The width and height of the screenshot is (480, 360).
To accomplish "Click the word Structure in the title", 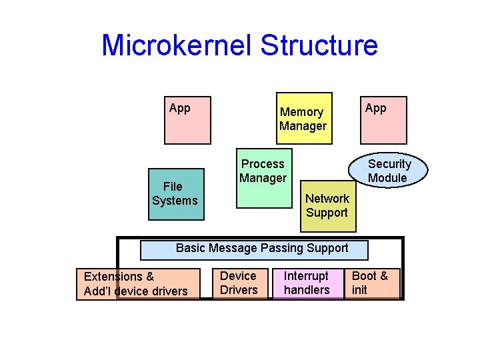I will (x=319, y=45).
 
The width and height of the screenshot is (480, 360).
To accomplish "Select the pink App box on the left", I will (x=187, y=120).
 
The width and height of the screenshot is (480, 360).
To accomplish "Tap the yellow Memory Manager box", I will (x=303, y=119).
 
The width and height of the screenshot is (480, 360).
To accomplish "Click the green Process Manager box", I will (x=263, y=183).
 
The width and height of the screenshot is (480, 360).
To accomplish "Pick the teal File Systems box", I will (x=175, y=194).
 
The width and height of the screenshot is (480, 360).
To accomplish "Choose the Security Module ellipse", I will (x=389, y=171).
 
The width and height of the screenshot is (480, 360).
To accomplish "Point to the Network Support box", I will (x=327, y=206).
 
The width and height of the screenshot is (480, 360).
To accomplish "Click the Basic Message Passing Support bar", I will (x=254, y=249).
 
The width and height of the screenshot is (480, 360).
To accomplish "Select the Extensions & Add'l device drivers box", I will (x=138, y=283).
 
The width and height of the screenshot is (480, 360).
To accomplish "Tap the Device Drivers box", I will (x=239, y=283).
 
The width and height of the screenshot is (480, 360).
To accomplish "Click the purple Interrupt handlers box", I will (x=307, y=283).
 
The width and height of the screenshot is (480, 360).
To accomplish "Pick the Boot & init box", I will (x=371, y=283).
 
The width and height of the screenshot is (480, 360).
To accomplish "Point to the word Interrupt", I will (x=306, y=276).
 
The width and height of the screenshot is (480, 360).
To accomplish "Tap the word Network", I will (x=327, y=199).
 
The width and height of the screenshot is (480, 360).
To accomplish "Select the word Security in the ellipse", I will (x=389, y=164).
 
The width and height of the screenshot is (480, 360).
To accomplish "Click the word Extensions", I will (x=113, y=277).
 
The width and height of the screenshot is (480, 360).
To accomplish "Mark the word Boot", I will (x=364, y=276).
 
